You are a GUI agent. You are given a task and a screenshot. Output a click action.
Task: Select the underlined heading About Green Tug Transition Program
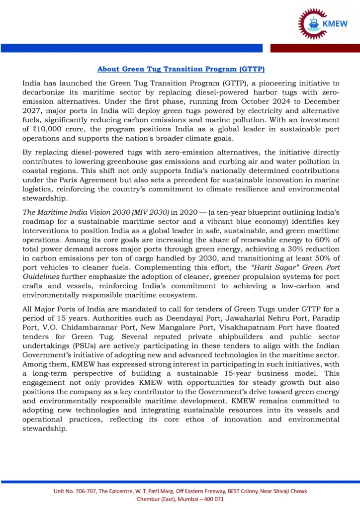coord(180,69)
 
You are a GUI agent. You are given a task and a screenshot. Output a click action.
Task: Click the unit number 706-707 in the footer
coord(83,491)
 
